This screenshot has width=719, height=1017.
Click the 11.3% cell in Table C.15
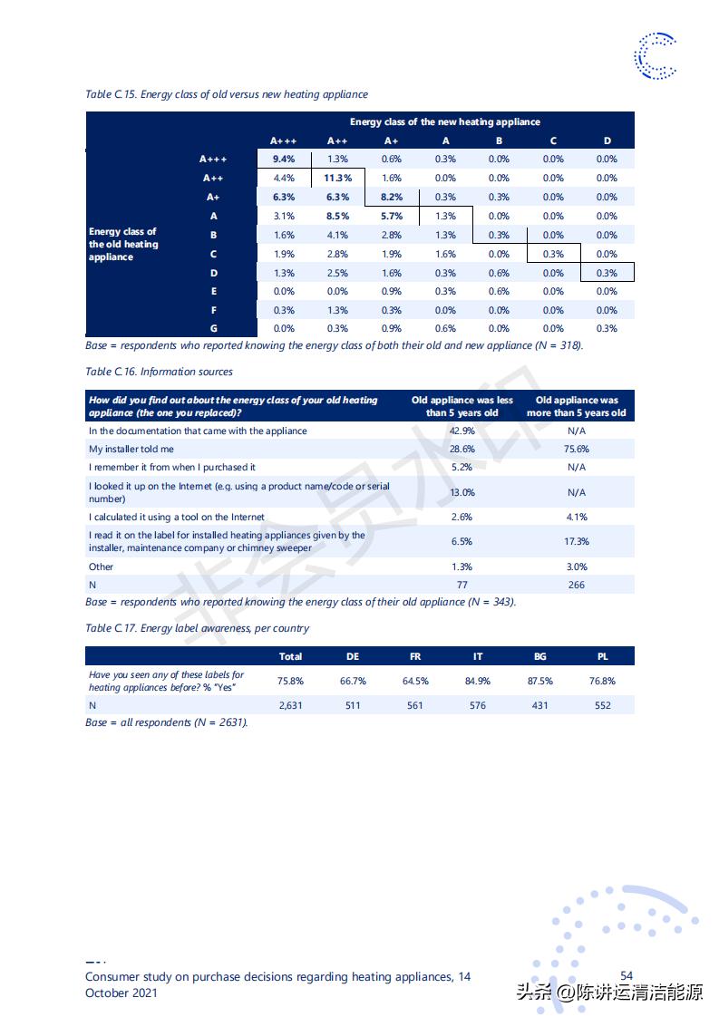click(337, 178)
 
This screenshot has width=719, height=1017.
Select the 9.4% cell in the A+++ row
click(284, 159)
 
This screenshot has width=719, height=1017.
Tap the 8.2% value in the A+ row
click(392, 197)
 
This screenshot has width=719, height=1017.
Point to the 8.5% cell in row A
click(337, 216)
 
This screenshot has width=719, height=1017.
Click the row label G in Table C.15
click(213, 328)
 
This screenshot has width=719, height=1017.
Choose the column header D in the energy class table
click(607, 140)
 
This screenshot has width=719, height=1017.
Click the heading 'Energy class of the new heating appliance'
click(444, 121)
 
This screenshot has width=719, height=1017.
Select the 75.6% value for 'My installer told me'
click(576, 449)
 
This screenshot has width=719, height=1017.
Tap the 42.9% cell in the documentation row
click(462, 431)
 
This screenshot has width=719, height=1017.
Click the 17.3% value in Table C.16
click(576, 541)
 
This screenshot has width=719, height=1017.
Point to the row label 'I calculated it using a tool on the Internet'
click(177, 517)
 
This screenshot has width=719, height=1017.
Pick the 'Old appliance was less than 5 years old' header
click(462, 406)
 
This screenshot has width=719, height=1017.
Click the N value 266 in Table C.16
click(576, 585)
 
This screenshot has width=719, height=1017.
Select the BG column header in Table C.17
click(540, 656)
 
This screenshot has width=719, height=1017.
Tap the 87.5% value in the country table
click(540, 681)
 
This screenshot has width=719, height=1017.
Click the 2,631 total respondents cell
click(290, 705)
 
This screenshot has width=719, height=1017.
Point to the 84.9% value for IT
click(478, 681)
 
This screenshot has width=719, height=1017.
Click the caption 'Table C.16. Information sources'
click(159, 372)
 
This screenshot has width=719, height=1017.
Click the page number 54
click(627, 975)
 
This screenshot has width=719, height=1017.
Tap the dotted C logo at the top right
click(655, 55)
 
